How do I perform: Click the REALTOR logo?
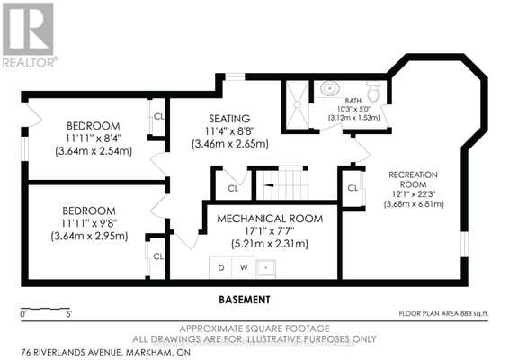(29, 35)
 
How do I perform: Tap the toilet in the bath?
(373, 91)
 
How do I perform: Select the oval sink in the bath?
(330, 87)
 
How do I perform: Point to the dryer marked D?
(220, 267)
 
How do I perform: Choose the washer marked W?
(244, 267)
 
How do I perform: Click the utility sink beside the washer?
(266, 268)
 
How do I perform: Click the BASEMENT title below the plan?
(245, 300)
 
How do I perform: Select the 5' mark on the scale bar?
(68, 314)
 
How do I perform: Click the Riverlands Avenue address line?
(106, 352)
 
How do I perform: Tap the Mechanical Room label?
(270, 219)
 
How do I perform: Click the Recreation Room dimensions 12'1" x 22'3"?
(414, 194)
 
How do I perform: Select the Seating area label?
(229, 119)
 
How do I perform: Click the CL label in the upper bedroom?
(159, 116)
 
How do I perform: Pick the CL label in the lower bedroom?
(158, 256)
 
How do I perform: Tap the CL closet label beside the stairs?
(233, 188)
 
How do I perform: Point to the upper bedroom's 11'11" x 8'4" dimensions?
(94, 139)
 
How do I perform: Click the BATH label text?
(353, 101)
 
